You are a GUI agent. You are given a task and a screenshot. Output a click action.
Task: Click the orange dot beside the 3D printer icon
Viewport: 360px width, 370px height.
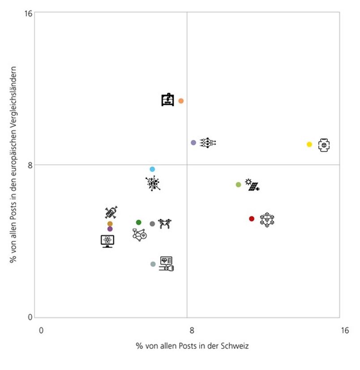pyautogui.click(x=181, y=101)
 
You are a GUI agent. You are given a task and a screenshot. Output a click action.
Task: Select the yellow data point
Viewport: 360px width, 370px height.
pyautogui.click(x=309, y=144)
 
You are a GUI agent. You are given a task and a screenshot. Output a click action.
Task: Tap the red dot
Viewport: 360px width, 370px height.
pyautogui.click(x=252, y=219)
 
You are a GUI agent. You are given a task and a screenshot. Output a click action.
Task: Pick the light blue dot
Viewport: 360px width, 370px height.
pyautogui.click(x=152, y=169)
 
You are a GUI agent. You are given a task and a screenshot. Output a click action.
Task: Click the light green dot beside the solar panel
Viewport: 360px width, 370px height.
pyautogui.click(x=238, y=185)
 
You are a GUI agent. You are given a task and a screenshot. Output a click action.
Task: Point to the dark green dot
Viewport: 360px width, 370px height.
pyautogui.click(x=139, y=222)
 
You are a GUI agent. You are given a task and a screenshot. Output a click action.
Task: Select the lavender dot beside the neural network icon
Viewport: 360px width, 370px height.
pyautogui.click(x=193, y=142)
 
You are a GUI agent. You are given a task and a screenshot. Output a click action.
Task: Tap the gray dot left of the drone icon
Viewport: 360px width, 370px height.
pyautogui.click(x=152, y=224)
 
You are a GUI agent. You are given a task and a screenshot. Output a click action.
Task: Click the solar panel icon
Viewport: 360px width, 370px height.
pyautogui.click(x=253, y=185)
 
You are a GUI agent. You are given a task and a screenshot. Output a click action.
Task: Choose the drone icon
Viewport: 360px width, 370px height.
pyautogui.click(x=165, y=224)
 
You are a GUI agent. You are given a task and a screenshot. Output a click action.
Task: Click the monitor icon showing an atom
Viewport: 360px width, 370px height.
pyautogui.click(x=107, y=241)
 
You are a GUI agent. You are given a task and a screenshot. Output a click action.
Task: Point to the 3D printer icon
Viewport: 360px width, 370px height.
pyautogui.click(x=168, y=100)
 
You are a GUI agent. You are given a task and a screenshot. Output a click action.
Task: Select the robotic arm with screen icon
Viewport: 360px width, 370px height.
pyautogui.click(x=166, y=263)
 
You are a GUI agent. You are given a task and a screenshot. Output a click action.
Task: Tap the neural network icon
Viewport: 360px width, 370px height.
pyautogui.click(x=208, y=143)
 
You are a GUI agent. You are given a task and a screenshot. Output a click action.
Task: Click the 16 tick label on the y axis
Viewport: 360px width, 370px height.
pyautogui.click(x=28, y=14)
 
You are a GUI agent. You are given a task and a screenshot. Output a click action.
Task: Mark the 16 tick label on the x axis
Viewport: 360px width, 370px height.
pyautogui.click(x=344, y=331)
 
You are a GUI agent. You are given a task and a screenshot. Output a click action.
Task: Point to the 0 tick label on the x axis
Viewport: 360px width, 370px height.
pyautogui.click(x=41, y=331)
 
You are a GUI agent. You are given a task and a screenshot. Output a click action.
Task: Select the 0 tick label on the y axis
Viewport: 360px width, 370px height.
pyautogui.click(x=30, y=318)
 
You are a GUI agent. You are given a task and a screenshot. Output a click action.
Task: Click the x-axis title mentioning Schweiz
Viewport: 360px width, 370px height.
pyautogui.click(x=193, y=346)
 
